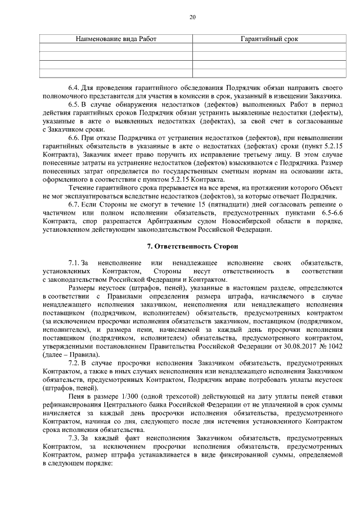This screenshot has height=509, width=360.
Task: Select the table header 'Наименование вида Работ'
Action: [x=116, y=39]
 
